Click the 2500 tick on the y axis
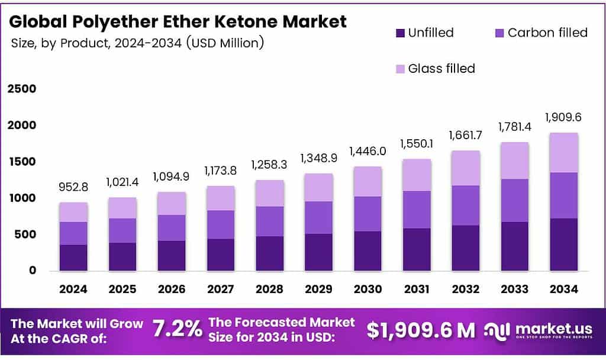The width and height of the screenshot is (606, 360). (x=22, y=89)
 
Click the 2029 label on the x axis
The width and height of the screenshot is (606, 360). (x=318, y=289)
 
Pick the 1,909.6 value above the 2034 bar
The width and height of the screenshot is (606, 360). (x=563, y=117)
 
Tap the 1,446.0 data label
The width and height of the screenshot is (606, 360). (x=368, y=151)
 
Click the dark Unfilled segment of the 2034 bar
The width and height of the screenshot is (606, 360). (x=563, y=245)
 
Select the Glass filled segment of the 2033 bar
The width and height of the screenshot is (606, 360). (x=514, y=160)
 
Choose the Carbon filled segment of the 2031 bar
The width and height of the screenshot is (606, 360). (x=416, y=210)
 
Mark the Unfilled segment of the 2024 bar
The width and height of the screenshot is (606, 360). (x=73, y=258)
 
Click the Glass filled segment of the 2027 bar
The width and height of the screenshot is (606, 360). (x=220, y=198)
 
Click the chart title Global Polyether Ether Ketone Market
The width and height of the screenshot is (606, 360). (x=178, y=22)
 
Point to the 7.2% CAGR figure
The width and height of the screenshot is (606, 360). (x=177, y=329)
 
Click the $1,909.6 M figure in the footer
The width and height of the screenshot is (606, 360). (x=420, y=330)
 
